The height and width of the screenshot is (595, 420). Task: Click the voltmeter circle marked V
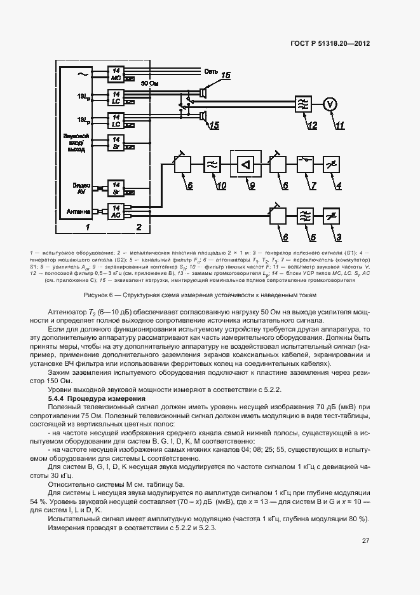pyautogui.click(x=329, y=103)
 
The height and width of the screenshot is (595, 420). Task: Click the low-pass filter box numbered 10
pyautogui.click(x=212, y=165)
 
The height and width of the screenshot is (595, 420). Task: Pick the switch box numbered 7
pyautogui.click(x=305, y=165)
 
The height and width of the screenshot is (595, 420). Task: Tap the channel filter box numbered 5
pyautogui.click(x=305, y=217)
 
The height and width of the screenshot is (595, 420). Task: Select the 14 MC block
pyautogui.click(x=116, y=74)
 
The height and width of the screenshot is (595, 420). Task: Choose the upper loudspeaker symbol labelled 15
pyautogui.click(x=203, y=93)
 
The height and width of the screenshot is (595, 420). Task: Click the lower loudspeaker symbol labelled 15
pyautogui.click(x=203, y=115)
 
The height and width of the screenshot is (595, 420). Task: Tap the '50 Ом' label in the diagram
pyautogui.click(x=149, y=83)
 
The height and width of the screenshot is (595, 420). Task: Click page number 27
pyautogui.click(x=365, y=541)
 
